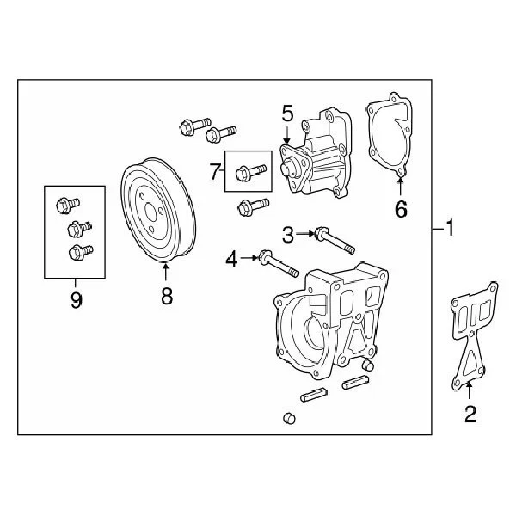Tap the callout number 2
coord(470,414)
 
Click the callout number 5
coord(287,114)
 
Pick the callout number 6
coord(401,208)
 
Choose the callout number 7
coord(215,171)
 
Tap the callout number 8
coord(166,297)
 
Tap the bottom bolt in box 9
coord(79,252)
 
